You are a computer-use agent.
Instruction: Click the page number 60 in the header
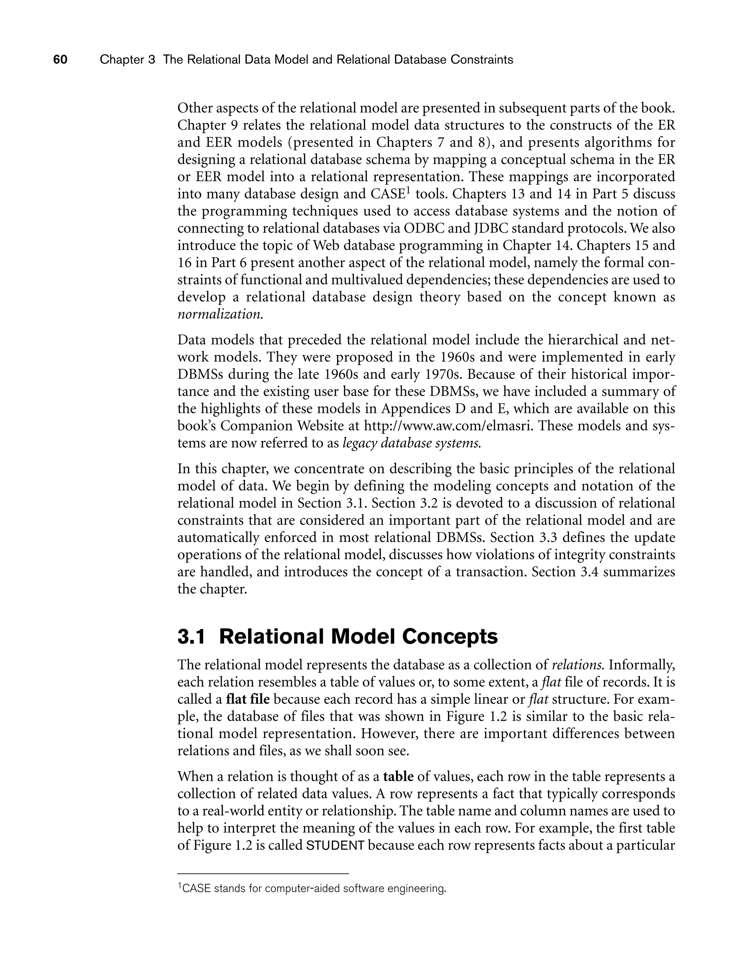pos(60,60)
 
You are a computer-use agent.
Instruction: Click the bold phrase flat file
pos(248,699)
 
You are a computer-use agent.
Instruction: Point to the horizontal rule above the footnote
pos(263,873)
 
